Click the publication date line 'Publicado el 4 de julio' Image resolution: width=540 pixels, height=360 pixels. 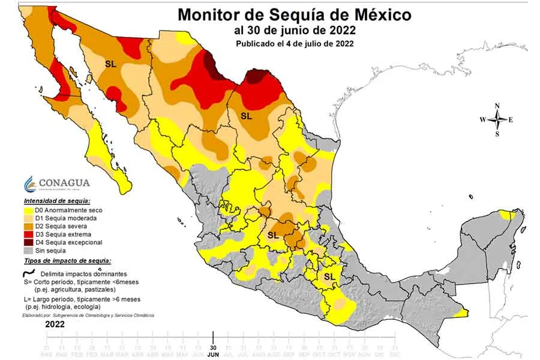(294, 43)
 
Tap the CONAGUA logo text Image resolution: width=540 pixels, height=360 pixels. (64, 183)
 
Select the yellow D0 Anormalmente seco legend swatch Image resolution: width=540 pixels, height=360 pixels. (27, 211)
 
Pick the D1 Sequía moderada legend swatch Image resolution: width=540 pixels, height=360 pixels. (27, 218)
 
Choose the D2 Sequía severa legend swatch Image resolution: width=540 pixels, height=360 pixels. (27, 226)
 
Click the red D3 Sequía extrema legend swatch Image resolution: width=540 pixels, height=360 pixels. (27, 234)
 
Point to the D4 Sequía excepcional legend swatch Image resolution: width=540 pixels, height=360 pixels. (27, 242)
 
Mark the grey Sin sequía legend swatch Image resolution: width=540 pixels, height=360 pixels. (27, 250)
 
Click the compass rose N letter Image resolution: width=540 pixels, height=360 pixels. (497, 106)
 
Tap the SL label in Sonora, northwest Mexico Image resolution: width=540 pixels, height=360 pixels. (110, 63)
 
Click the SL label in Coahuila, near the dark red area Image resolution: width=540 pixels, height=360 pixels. (246, 115)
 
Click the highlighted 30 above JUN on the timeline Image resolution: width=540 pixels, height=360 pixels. (214, 347)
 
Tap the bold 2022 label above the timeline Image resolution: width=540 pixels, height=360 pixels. (55, 324)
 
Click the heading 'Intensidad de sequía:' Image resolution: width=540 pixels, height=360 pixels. (57, 200)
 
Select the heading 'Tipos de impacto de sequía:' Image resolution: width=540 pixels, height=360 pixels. (67, 261)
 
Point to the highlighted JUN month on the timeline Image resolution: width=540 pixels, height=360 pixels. (214, 354)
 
